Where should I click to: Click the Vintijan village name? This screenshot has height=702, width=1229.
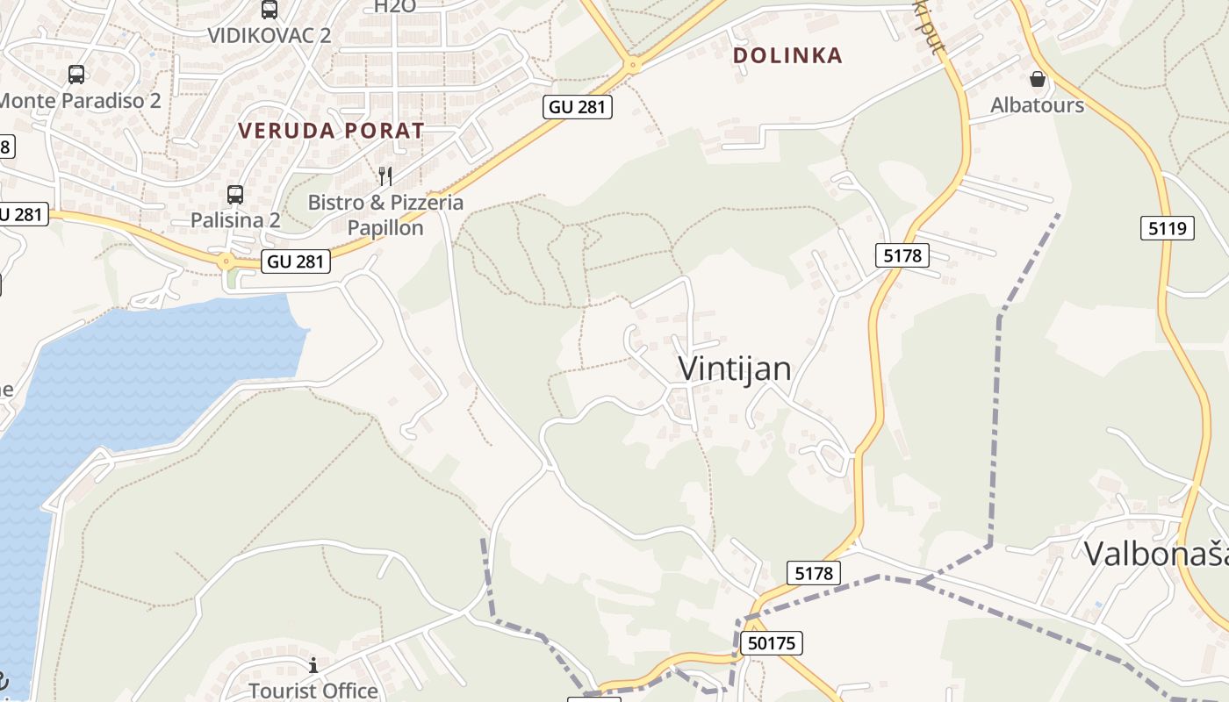click(735, 369)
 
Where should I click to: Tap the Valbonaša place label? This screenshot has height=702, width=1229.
click(1154, 554)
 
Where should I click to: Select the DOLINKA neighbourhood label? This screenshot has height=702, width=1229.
click(787, 55)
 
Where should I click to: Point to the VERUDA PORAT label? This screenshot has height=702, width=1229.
click(331, 131)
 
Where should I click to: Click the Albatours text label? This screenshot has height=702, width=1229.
click(1037, 105)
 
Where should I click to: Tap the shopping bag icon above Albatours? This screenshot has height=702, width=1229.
click(1038, 79)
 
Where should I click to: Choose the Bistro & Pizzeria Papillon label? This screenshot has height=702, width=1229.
click(385, 215)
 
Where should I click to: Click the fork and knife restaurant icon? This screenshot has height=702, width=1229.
click(385, 176)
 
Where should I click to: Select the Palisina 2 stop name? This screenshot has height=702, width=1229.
click(235, 220)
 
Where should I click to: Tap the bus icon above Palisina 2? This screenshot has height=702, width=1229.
click(235, 195)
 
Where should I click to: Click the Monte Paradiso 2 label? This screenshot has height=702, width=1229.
click(79, 100)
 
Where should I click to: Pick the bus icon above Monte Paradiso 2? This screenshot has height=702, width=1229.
click(76, 75)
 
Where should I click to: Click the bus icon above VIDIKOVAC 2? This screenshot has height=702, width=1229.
click(270, 10)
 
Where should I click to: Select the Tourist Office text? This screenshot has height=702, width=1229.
click(313, 691)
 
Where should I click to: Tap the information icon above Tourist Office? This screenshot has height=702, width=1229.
click(313, 666)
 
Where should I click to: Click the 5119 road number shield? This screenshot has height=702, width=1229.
click(1168, 229)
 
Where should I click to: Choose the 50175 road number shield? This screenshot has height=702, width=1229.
click(772, 643)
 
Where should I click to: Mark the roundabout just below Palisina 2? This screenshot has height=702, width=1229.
click(226, 261)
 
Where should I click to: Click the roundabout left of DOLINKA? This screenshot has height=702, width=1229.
click(632, 65)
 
